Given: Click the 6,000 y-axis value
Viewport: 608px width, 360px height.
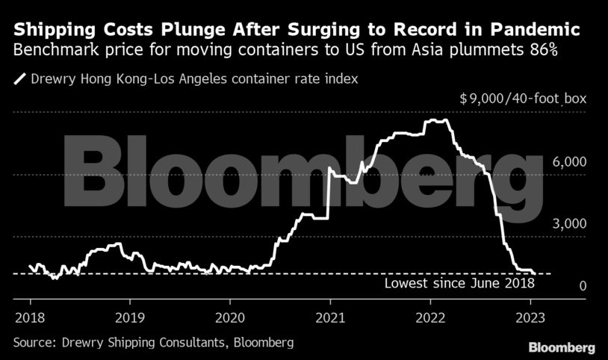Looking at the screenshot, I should (570, 162).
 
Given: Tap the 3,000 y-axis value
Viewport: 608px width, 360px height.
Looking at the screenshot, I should (570, 224).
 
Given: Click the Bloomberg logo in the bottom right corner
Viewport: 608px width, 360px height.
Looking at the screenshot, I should (561, 347).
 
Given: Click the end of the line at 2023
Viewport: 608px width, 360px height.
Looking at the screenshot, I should (534, 273).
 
